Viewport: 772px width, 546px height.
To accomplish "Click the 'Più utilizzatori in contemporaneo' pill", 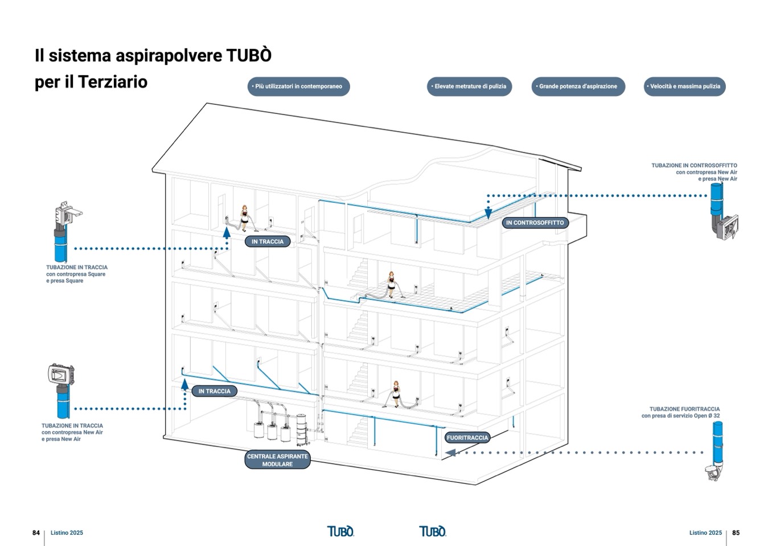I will (x=298, y=87).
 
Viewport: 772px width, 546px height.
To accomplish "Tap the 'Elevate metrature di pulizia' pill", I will (x=470, y=87).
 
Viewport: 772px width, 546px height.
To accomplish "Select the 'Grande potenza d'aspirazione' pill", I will (x=578, y=87).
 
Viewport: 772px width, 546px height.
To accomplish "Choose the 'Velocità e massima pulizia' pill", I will (x=684, y=87).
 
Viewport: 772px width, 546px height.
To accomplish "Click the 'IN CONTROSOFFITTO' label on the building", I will (x=535, y=223).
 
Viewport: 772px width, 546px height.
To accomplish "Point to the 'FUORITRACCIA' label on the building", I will (x=467, y=438).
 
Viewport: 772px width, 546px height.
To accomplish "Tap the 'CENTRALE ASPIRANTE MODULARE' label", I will (x=277, y=460).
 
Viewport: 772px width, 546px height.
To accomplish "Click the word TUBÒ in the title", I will (x=249, y=56).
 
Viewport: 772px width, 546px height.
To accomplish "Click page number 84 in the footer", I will (x=36, y=533).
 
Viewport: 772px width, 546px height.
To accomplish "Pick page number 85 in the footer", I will (x=736, y=533).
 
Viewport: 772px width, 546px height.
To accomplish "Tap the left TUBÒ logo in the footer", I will (x=340, y=531).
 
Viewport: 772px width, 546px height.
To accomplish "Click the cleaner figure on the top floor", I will (x=245, y=217).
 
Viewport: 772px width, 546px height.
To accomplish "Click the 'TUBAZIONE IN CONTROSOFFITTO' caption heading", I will (x=694, y=166).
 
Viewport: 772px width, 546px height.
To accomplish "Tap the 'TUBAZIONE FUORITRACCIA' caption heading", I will (x=684, y=409).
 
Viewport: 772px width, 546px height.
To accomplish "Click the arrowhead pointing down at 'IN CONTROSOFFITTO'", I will (x=488, y=214).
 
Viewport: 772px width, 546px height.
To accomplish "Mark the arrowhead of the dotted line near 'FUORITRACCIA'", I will (x=450, y=453).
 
